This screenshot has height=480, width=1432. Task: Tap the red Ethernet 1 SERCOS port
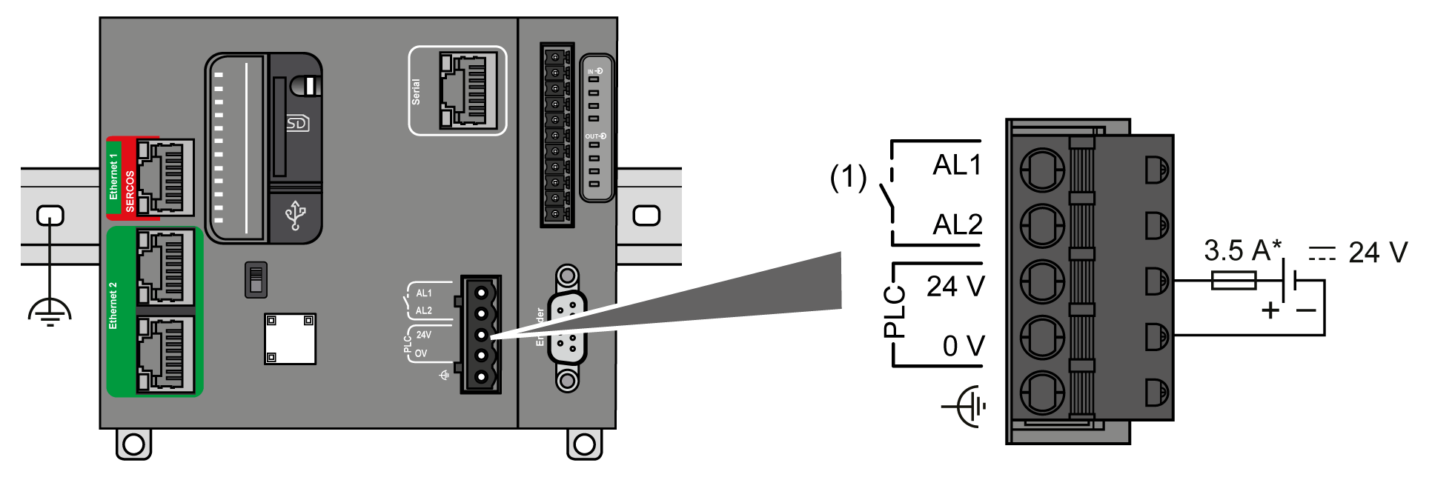[x=165, y=178]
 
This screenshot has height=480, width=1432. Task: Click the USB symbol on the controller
[x=296, y=216]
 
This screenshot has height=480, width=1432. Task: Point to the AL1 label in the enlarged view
[x=956, y=164]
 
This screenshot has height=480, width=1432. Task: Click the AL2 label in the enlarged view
[x=957, y=224]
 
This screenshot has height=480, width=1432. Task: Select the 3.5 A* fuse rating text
[x=1242, y=251]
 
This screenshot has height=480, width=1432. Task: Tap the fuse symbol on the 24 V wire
[x=1233, y=281]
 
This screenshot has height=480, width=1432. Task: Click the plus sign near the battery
[x=1270, y=310]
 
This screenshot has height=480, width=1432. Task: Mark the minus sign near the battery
[x=1306, y=310]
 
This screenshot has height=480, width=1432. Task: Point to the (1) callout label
[x=847, y=178]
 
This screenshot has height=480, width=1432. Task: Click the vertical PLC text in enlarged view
[x=895, y=312]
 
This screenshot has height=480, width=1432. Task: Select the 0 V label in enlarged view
[x=962, y=346]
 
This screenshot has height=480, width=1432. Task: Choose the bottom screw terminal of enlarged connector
[x=1042, y=393]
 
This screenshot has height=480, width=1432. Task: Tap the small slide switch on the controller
[x=256, y=279]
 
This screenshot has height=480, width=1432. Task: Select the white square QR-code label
[x=290, y=339]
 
